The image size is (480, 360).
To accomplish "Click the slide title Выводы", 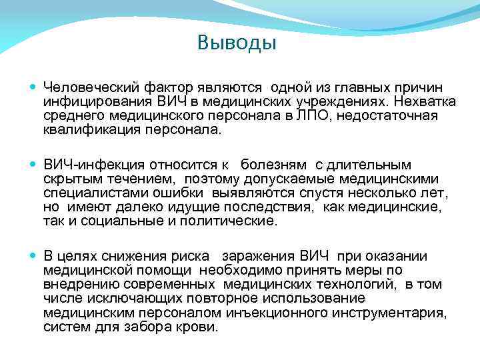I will pos(237,44).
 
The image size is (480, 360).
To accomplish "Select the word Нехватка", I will pos(425,102).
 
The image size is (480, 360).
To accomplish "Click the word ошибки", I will pos(187,193).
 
